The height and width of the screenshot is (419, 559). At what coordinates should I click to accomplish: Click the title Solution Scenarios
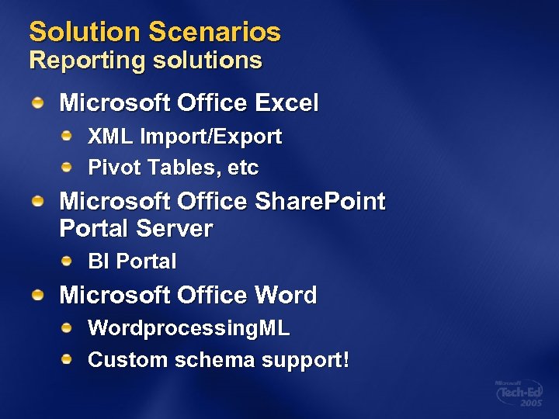click(155, 33)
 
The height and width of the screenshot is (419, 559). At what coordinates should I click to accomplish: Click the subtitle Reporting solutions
click(145, 61)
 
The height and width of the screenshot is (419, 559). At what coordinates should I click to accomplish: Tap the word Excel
click(286, 102)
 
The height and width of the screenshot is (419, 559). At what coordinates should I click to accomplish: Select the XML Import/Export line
click(185, 137)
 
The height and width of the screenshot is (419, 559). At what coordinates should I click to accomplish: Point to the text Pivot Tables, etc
click(173, 168)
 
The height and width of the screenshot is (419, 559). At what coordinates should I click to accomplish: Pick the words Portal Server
click(136, 229)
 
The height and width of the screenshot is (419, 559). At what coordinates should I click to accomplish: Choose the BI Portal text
click(132, 262)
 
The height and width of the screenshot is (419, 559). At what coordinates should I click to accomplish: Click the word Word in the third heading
click(286, 296)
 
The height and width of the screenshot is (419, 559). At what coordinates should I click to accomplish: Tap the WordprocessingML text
click(189, 329)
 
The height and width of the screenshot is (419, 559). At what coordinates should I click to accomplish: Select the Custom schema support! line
click(219, 360)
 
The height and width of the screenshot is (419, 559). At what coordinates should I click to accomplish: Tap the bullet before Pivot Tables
click(68, 167)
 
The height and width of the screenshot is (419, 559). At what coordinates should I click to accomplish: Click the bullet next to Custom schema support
click(68, 359)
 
